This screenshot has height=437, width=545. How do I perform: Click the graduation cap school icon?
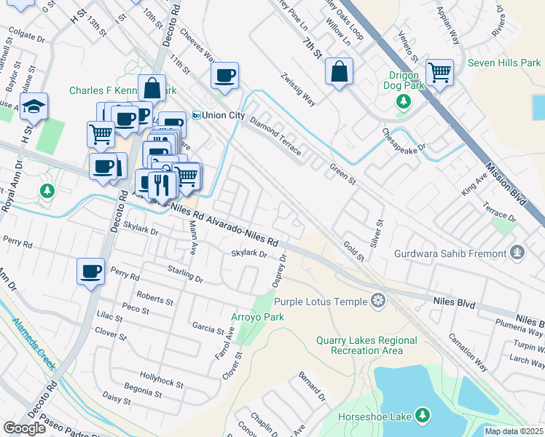click(34, 107)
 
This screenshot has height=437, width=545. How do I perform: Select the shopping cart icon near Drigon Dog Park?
click(439, 73)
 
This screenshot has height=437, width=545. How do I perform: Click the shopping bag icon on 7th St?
click(339, 72)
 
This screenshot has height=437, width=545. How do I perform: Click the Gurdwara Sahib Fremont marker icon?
click(517, 253)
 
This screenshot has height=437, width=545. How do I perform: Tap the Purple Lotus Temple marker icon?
click(377, 300)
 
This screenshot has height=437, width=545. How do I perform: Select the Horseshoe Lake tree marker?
click(421, 416)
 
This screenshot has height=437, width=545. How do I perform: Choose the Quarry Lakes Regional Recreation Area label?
click(366, 345)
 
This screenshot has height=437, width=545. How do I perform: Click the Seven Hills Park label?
click(504, 63)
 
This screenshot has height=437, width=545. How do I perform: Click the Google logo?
click(24, 428)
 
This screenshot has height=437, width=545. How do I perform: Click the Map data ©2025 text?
click(514, 431)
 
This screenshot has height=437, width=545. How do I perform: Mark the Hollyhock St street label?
click(161, 382)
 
